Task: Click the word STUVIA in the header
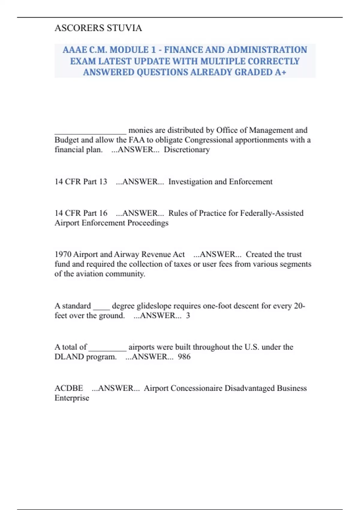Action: click(124, 28)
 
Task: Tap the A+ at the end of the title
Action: click(280, 72)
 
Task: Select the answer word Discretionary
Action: click(187, 150)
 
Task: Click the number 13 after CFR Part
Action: click(103, 182)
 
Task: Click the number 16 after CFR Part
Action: click(103, 213)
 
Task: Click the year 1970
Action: click(63, 254)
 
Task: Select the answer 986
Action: click(184, 357)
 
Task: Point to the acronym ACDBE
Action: click(69, 388)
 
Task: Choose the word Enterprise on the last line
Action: click(72, 398)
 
